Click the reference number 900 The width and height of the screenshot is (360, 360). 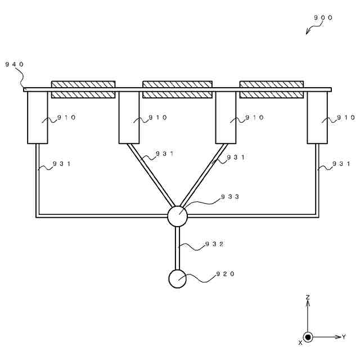click(323, 17)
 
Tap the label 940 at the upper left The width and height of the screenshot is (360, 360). click(15, 64)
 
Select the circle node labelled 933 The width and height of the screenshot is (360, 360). click(177, 215)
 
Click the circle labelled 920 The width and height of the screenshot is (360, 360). click(177, 279)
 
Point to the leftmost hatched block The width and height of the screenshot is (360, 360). click(83, 89)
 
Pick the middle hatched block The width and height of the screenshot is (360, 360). click(177, 89)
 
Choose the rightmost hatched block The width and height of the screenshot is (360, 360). click(272, 89)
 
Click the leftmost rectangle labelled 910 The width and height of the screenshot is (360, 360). click(37, 118)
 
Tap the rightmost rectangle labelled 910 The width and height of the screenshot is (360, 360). click(317, 118)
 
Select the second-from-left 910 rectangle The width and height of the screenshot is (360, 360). click(129, 118)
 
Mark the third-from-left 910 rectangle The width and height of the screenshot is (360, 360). click(226, 118)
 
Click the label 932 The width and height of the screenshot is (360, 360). click(214, 244)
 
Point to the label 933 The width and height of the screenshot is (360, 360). click(230, 197)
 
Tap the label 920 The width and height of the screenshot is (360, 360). click(226, 274)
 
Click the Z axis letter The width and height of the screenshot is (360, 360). click(308, 296)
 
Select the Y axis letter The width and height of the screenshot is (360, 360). click(344, 336)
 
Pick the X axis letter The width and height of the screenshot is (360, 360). click(300, 342)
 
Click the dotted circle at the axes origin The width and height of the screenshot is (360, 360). click(308, 336)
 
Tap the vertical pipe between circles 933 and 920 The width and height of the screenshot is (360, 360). click(177, 247)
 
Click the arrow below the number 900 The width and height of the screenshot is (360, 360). click(310, 29)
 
